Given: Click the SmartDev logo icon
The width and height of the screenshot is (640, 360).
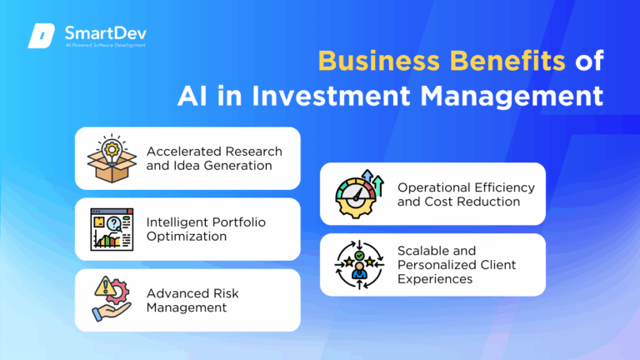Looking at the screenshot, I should pos(42,37).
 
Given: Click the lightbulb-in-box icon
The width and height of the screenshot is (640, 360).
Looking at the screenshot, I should pos(112,158).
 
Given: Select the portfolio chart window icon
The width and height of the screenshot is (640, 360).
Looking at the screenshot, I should pos(112,229).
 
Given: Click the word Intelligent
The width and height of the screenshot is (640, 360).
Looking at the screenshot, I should pos(177,222).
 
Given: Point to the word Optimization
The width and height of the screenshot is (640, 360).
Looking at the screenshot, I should pos(187,237).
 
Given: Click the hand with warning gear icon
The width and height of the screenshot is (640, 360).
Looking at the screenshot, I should pos(112,300).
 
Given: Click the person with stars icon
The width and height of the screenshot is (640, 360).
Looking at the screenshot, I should pos(359,265).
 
